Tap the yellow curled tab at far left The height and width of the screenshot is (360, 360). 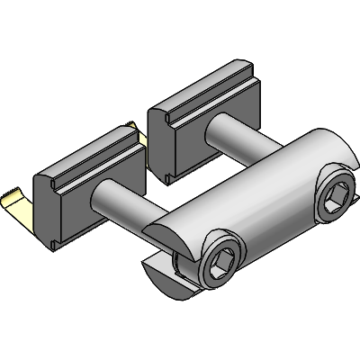[18, 203]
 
